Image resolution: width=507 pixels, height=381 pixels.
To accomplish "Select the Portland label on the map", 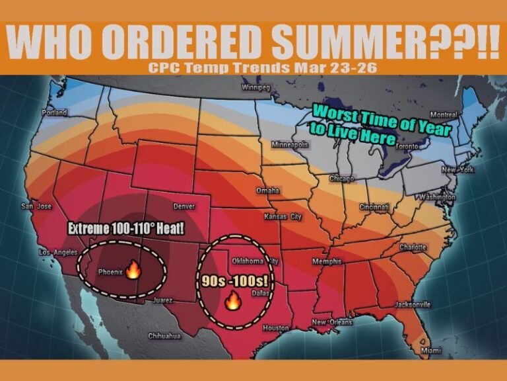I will click(x=54, y=112).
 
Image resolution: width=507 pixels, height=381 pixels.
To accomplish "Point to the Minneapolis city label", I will click(x=290, y=144).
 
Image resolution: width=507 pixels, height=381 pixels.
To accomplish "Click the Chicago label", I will click(x=341, y=179).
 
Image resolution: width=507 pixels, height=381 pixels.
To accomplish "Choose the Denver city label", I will click(x=184, y=206).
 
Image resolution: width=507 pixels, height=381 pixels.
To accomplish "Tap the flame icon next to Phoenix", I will click(x=133, y=269).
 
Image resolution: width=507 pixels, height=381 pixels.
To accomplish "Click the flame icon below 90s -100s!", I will click(x=232, y=302).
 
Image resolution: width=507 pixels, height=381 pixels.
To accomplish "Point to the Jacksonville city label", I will click(x=412, y=305).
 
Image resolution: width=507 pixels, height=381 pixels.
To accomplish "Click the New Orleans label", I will click(x=332, y=322).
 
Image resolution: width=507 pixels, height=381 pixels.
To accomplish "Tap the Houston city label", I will click(x=276, y=328).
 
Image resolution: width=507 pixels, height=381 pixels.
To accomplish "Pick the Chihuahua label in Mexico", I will click(x=164, y=336).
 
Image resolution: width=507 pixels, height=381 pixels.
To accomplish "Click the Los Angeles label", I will click(x=58, y=253).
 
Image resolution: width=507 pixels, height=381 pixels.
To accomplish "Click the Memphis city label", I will click(x=327, y=262).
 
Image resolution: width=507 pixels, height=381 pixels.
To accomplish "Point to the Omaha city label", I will click(x=267, y=190).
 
